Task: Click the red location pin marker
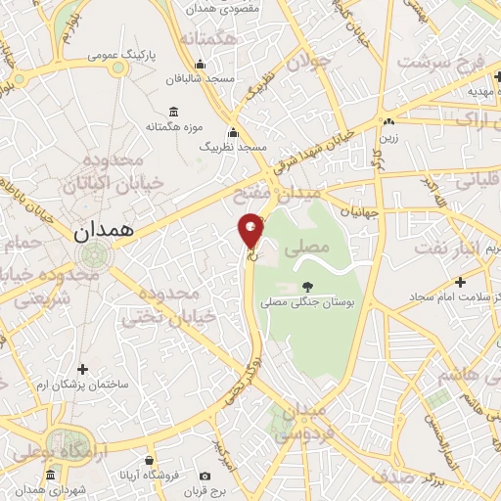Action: (251, 231)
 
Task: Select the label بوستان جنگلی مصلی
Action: (309, 303)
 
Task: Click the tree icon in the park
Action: (309, 287)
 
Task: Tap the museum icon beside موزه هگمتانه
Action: (173, 111)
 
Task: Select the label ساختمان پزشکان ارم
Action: (82, 386)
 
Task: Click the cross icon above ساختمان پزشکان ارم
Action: (82, 369)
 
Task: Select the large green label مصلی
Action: (306, 250)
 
